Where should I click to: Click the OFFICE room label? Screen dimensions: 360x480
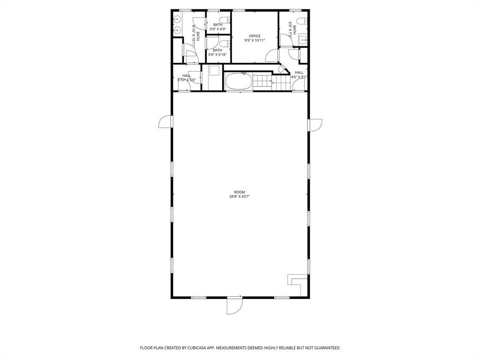tap(255, 36)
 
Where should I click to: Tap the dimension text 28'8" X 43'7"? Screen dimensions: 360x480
tap(240, 197)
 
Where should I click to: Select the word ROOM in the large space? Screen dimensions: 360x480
tap(240, 192)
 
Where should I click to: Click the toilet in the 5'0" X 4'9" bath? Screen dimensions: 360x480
tap(226, 20)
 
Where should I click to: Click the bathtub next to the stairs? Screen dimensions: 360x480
tap(239, 82)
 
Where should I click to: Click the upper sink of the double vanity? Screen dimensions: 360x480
tap(177, 20)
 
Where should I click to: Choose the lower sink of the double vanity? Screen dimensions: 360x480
tap(177, 30)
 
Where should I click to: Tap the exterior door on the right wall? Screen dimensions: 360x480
tap(315, 125)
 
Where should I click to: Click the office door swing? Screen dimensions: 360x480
tap(271, 56)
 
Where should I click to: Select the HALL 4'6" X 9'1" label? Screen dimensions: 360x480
tap(299, 75)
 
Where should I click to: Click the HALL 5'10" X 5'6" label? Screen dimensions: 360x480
tap(187, 78)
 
